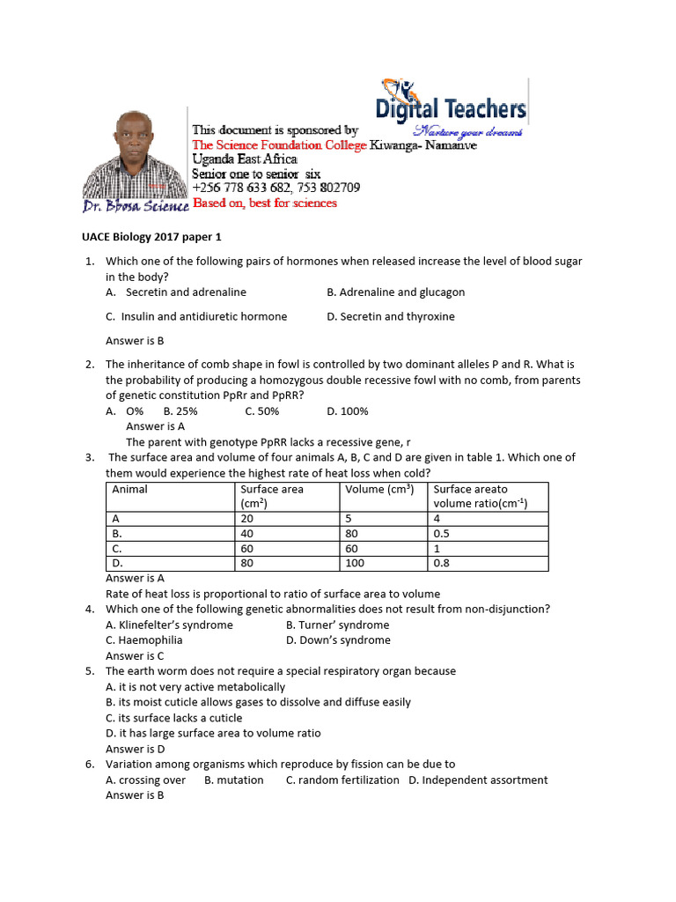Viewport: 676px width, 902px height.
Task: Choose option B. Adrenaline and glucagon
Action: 395,292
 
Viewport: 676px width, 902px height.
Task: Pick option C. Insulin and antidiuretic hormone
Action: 195,316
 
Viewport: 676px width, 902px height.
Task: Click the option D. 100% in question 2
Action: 348,410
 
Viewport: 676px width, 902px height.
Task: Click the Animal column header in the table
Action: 129,490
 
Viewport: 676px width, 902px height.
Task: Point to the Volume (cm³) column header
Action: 379,490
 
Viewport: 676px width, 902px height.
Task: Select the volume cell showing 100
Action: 355,563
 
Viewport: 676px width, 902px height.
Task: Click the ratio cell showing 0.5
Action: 442,534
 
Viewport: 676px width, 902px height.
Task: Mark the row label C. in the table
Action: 116,549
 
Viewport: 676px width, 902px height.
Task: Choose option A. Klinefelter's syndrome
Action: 169,625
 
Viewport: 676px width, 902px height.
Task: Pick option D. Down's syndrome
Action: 338,640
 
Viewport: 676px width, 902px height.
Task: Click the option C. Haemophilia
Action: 144,640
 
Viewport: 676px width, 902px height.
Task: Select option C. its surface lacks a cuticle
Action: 173,718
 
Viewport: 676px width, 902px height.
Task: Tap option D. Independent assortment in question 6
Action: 477,780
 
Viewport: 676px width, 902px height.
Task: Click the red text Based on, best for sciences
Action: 264,203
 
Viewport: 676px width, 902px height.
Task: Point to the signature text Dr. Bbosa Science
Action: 136,206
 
